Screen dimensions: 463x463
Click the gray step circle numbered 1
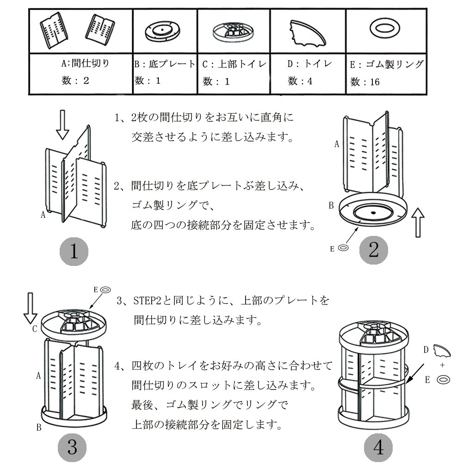coord(74,252)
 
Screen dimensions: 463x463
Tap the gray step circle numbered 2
coord(374,250)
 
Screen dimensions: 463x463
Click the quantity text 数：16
coord(365,82)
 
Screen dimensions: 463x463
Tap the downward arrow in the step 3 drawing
coord(31,308)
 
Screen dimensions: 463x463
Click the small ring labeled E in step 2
coord(343,248)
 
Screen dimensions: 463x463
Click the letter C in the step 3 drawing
coord(35,329)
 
